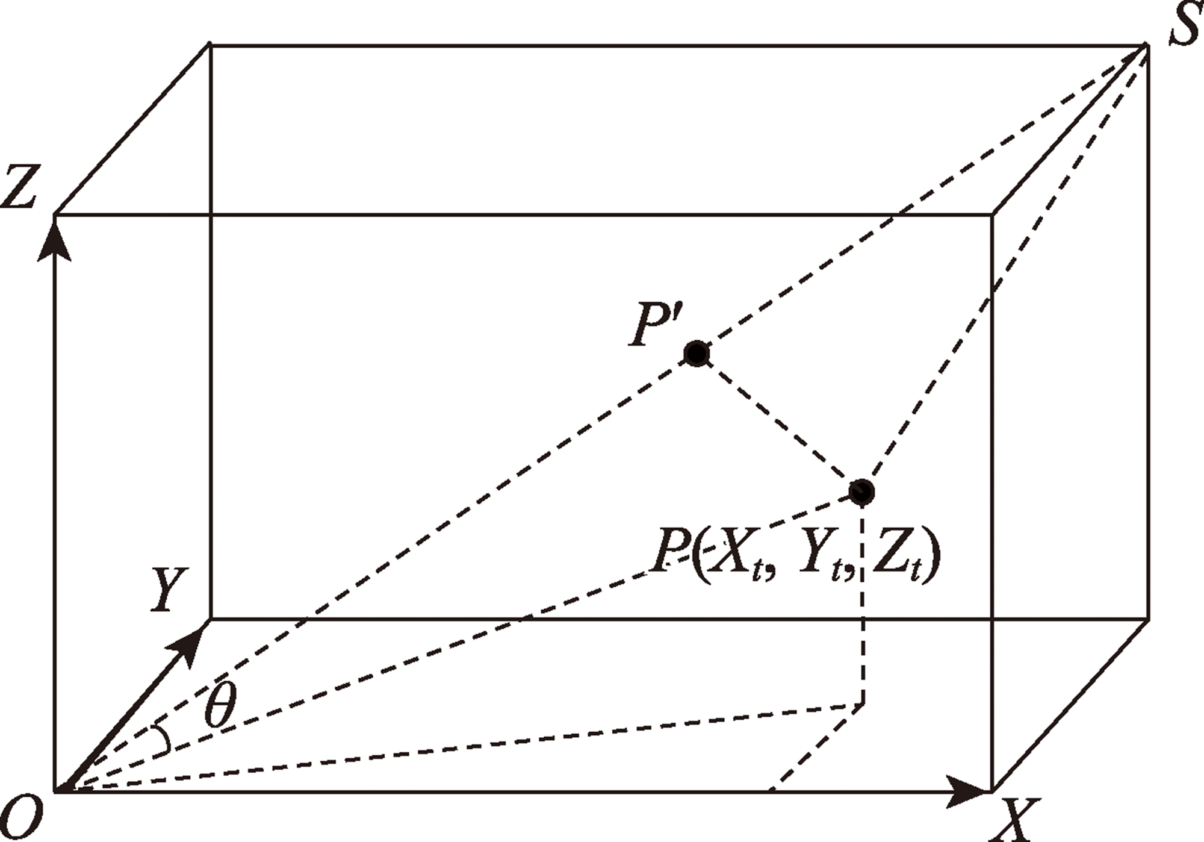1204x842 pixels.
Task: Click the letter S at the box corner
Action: pos(1185,24)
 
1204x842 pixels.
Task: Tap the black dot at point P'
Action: pos(697,354)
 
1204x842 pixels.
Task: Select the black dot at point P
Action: pos(861,491)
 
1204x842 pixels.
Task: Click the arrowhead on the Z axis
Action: pos(55,240)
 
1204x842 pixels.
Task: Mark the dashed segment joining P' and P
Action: pos(779,422)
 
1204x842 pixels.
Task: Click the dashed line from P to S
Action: pos(1004,268)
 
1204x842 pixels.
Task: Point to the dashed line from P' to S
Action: pos(921,199)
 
